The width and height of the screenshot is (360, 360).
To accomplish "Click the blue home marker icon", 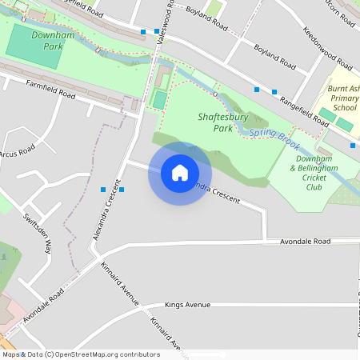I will pyautogui.click(x=180, y=173).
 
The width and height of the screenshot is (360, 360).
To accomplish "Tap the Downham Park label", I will pyautogui.click(x=48, y=41).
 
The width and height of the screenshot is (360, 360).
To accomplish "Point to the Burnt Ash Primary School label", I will pyautogui.click(x=345, y=94).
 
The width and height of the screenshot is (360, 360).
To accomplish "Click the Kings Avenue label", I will pyautogui.click(x=187, y=305).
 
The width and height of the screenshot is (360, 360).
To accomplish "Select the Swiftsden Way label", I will pyautogui.click(x=38, y=232).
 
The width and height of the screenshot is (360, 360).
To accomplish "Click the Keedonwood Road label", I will pyautogui.click(x=328, y=50).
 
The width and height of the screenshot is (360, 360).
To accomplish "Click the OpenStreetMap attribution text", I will pyautogui.click(x=81, y=354).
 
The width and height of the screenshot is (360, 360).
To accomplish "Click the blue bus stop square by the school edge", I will pyautogui.click(x=353, y=146).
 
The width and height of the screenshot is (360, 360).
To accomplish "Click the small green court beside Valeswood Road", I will pyautogui.click(x=159, y=100).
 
